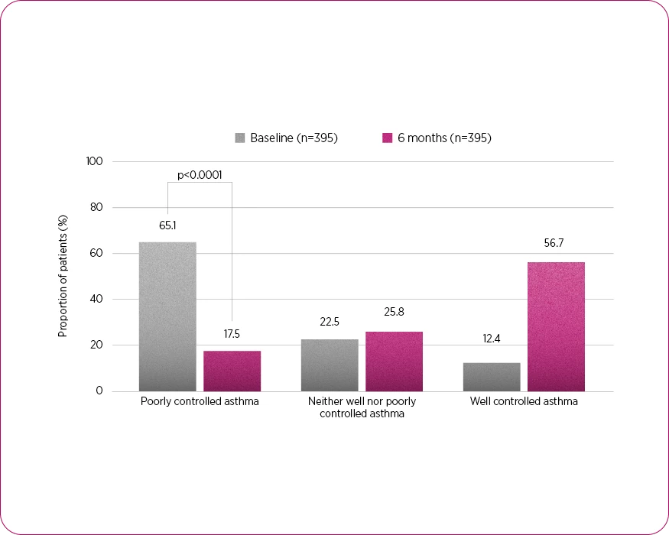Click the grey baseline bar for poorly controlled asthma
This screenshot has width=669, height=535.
click(x=167, y=316)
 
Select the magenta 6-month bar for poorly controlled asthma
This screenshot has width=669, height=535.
click(x=232, y=371)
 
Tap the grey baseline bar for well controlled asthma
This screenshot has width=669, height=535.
click(x=492, y=377)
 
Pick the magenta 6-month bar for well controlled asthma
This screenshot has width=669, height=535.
click(x=556, y=326)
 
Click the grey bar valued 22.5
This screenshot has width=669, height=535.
click(x=330, y=365)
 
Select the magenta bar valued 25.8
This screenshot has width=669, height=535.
click(x=394, y=362)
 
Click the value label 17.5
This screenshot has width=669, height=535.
click(x=232, y=335)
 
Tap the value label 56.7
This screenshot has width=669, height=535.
click(x=556, y=244)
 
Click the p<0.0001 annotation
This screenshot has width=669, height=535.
click(x=200, y=175)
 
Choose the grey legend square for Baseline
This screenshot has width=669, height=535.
click(x=240, y=138)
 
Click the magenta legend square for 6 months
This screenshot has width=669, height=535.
click(x=387, y=138)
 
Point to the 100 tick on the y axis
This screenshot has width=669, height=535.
click(x=95, y=161)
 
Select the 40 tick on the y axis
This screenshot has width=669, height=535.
click(x=97, y=300)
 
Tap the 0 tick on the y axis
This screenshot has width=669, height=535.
click(x=99, y=391)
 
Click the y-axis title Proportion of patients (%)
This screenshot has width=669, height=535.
click(x=63, y=277)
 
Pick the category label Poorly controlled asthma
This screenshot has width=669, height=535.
click(x=200, y=401)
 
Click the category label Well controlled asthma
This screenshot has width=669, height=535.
click(x=524, y=401)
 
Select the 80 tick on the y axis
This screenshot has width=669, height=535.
click(x=97, y=208)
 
